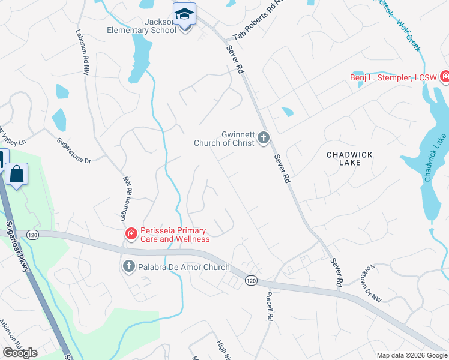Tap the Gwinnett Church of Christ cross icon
263,139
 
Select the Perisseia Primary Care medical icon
130,233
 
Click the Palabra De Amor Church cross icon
128,266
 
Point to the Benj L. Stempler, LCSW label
393,77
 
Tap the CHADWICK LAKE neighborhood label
349,158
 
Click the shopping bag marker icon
17,175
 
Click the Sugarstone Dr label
73,152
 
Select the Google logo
20,353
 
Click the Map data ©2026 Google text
411,355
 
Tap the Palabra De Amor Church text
184,267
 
